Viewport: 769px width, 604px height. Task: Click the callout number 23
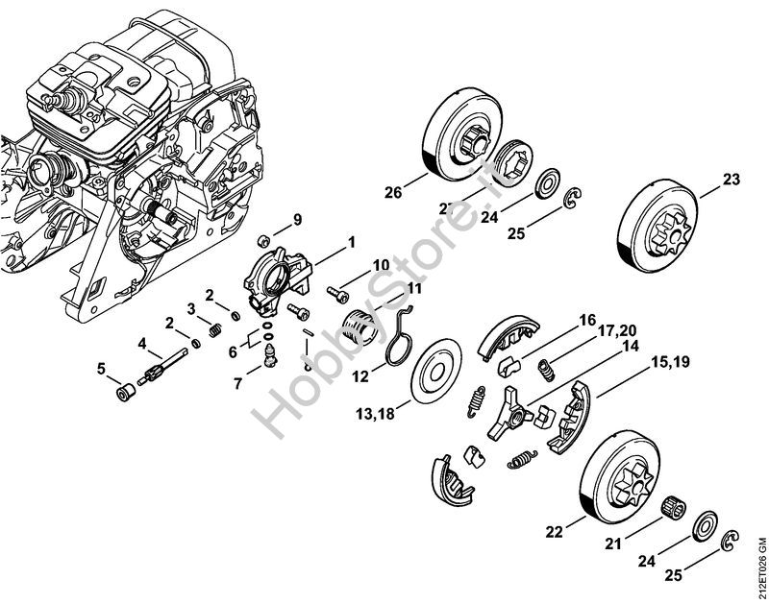[732, 180]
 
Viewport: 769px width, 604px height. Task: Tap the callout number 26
[391, 193]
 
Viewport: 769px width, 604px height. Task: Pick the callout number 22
[554, 531]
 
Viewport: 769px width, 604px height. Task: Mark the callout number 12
[360, 378]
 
